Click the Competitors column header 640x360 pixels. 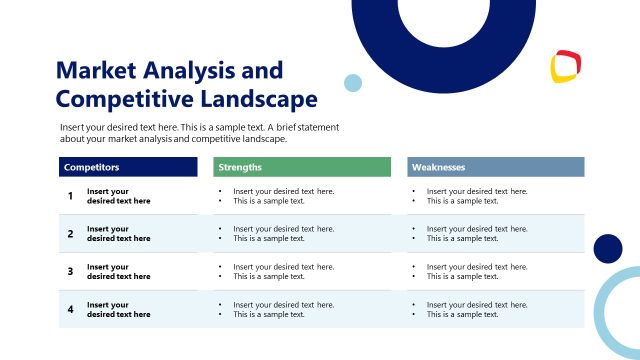point(91,167)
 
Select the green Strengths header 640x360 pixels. point(240,167)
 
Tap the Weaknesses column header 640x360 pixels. point(439,167)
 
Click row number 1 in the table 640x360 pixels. point(70,196)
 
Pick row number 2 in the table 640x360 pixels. point(70,234)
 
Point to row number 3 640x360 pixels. point(70,271)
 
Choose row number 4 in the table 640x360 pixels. point(70,309)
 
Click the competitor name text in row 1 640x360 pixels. point(118,196)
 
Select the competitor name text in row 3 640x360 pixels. point(118,271)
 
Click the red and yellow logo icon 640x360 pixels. point(566,67)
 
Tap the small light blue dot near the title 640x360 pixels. point(352,83)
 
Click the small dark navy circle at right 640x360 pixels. point(607,248)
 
